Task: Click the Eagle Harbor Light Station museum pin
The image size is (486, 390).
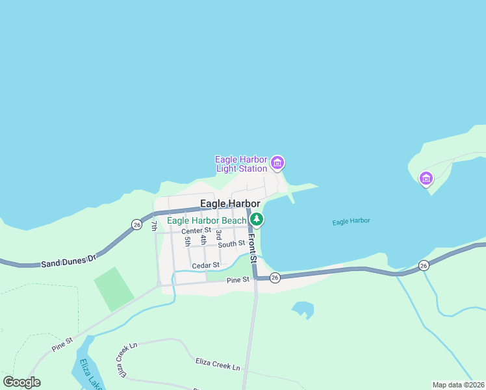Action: click(x=277, y=162)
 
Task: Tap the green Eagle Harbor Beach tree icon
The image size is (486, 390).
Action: click(x=257, y=220)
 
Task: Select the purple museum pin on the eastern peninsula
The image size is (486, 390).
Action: click(x=426, y=178)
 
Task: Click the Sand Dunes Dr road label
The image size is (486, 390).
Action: click(x=68, y=262)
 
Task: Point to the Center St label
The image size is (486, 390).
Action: click(x=196, y=231)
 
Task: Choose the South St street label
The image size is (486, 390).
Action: click(x=231, y=244)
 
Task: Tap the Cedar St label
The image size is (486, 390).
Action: click(x=205, y=265)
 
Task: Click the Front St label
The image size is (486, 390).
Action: click(x=253, y=248)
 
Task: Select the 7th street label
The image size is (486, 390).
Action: click(x=154, y=226)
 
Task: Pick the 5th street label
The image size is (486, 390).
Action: click(x=187, y=240)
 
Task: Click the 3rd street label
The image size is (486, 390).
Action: click(x=219, y=235)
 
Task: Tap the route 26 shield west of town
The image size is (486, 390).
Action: click(x=136, y=224)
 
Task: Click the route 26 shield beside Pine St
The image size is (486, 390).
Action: click(x=275, y=278)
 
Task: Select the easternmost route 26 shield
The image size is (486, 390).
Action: click(x=424, y=265)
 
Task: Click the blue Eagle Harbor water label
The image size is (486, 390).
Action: click(x=351, y=222)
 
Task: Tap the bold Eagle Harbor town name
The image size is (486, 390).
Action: click(x=230, y=203)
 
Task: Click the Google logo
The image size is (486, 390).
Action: click(x=22, y=382)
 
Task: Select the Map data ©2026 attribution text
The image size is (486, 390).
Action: click(x=458, y=385)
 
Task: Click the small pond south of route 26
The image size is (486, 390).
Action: click(x=302, y=309)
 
